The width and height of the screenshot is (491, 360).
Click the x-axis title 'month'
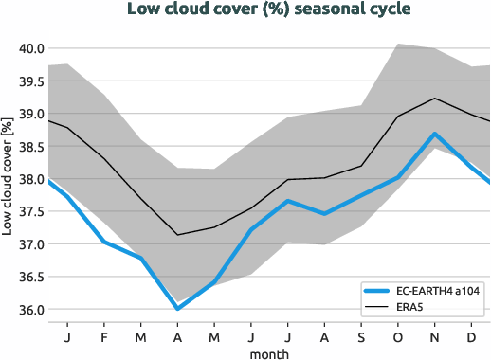tap(270, 352)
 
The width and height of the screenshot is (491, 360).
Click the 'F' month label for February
tap(103, 336)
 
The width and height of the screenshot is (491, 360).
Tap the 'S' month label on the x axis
tap(361, 336)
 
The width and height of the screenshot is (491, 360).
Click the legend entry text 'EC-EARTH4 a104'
tap(442, 291)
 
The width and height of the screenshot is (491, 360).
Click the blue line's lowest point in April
tap(176, 309)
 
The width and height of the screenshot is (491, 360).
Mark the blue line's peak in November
tap(434, 134)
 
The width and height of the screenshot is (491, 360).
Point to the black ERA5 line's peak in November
tap(434, 99)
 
